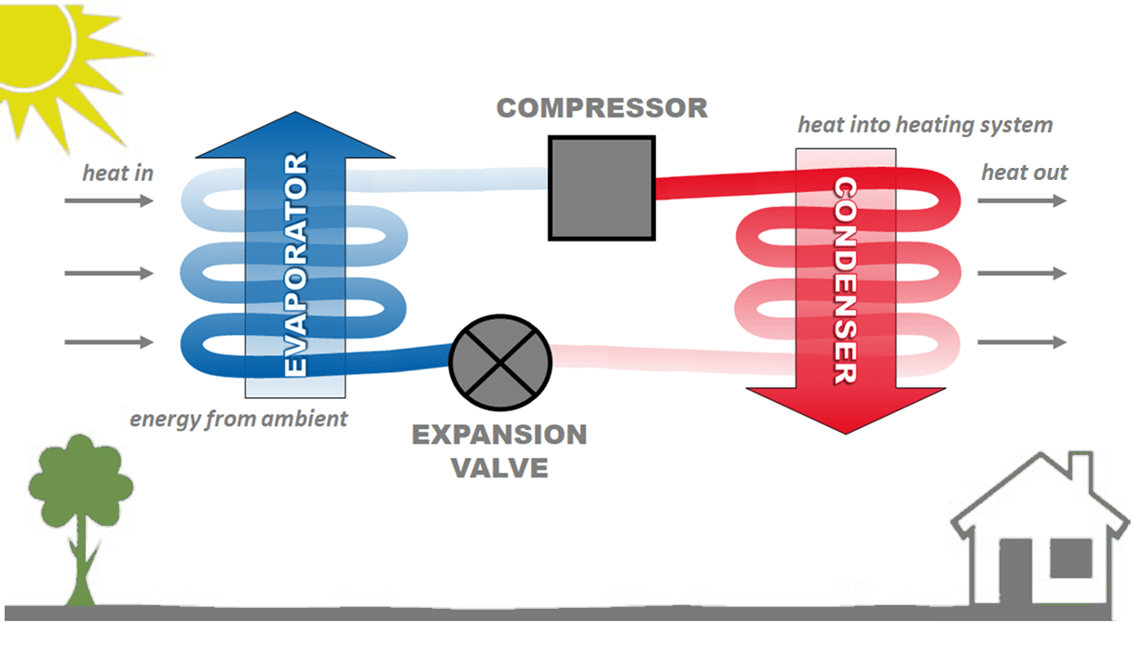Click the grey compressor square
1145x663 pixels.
point(601,187)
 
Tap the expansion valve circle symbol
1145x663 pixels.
point(501,359)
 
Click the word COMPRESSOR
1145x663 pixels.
point(602,108)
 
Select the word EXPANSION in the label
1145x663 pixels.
point(499,435)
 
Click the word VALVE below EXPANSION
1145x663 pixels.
point(499,467)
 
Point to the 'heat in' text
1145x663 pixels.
point(117,173)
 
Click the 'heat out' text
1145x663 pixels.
point(1024,173)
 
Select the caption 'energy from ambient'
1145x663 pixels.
point(239,418)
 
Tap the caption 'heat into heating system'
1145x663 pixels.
point(925,125)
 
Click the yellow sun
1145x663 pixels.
point(37,47)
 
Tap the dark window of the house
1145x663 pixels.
point(1070,558)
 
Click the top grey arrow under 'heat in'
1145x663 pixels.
point(109,200)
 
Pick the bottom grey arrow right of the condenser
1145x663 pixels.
point(1022,342)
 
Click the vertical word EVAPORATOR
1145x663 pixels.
point(295,266)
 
